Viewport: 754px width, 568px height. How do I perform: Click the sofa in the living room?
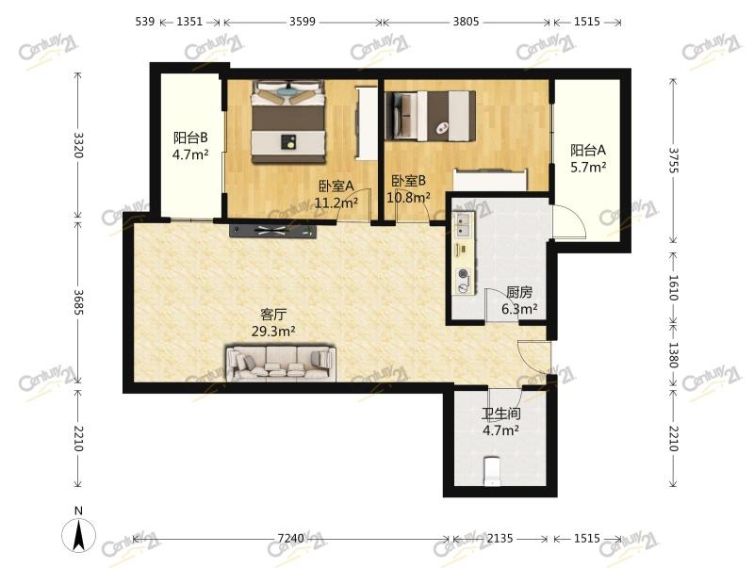281,363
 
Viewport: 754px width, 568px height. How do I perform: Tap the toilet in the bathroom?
492,471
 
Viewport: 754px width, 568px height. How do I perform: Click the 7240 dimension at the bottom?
291,538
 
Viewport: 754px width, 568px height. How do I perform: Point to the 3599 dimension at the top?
303,22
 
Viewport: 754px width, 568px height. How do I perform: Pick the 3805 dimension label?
466,22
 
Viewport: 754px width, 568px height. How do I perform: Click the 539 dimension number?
145,22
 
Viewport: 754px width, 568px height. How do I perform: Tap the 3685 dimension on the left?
78,301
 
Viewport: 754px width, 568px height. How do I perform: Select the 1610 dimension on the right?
673,287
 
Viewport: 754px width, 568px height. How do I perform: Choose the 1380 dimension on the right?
673,356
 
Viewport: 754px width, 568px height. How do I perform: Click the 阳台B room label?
190,138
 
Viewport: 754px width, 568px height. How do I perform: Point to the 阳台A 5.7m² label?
588,158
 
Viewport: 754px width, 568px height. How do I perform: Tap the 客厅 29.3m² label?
273,323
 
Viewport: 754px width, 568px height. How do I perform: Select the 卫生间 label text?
501,414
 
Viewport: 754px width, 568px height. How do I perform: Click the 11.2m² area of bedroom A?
336,203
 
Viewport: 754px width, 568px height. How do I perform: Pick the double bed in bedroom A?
288,122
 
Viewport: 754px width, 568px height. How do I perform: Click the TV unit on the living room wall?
273,230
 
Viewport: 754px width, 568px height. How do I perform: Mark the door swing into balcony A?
568,221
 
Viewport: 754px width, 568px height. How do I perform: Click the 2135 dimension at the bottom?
500,538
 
